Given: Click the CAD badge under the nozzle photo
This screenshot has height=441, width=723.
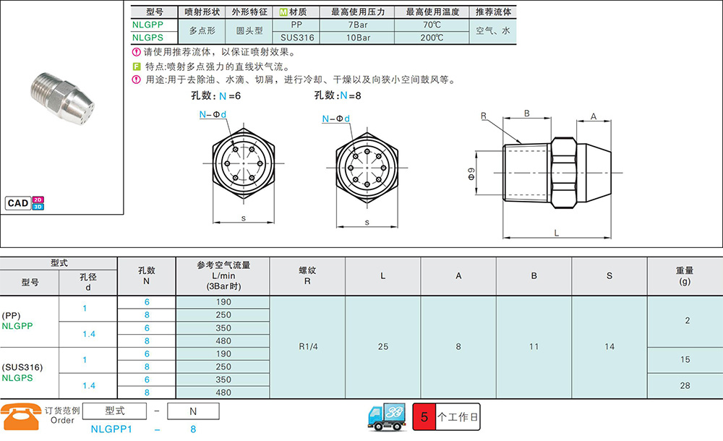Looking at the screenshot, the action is (25, 203).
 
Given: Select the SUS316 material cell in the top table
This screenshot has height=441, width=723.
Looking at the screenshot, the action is (297, 38).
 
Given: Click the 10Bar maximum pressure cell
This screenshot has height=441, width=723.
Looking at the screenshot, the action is (358, 38).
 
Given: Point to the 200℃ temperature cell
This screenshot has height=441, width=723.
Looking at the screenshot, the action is (432, 38).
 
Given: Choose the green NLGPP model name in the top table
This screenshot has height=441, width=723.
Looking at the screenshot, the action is (147, 25).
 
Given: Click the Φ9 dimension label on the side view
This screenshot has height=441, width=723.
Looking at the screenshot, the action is (471, 174).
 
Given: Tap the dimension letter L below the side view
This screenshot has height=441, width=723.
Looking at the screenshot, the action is (557, 233).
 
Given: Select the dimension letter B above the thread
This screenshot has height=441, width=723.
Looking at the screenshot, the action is (526, 114).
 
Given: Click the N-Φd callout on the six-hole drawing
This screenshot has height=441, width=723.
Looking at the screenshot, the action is (213, 114).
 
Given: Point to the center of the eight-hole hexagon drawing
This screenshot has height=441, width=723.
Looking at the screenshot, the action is (367, 168).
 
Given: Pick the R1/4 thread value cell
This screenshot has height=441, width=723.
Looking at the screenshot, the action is (308, 346).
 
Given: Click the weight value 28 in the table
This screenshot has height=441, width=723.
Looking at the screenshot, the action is (685, 385).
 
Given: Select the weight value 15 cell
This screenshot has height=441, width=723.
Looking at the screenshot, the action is (685, 359).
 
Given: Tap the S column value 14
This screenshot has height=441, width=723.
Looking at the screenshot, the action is (609, 346).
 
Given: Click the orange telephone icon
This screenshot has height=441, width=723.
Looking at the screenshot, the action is (21, 416).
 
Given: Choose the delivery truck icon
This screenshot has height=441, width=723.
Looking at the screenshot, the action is (387, 417).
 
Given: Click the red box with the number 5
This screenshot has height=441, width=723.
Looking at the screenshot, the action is (424, 417).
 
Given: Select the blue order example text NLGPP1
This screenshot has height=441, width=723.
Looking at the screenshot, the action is (111, 429).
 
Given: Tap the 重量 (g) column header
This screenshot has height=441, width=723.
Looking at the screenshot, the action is (685, 276).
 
